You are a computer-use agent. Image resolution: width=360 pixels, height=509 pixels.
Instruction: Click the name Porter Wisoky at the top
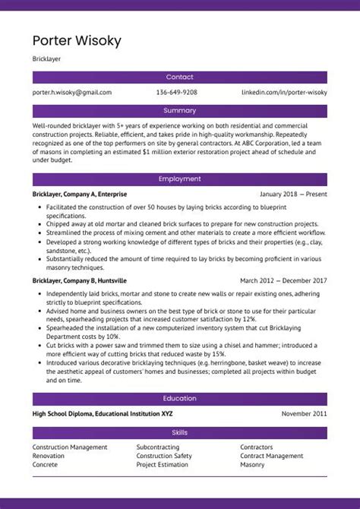(x=77, y=40)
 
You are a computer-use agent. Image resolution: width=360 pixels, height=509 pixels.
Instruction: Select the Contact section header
(x=179, y=77)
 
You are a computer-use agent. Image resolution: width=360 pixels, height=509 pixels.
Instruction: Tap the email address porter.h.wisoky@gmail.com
(x=72, y=93)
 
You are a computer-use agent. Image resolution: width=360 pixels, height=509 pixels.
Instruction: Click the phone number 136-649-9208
(x=177, y=93)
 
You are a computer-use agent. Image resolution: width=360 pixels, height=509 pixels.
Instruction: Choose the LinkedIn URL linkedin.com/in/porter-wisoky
(x=284, y=93)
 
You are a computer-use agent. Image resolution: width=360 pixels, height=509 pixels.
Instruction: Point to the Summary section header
(x=179, y=111)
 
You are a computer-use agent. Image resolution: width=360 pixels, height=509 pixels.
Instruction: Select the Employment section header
(x=179, y=179)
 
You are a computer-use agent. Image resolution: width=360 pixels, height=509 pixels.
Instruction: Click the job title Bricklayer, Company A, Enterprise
(x=80, y=194)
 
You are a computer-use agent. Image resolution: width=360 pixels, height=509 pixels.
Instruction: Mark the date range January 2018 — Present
(x=293, y=194)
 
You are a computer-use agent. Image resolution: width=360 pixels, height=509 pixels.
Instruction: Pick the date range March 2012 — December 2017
(x=283, y=280)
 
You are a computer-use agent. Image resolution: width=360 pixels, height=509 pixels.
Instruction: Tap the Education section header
(x=179, y=399)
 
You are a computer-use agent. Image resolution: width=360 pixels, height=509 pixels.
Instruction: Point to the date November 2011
(x=304, y=414)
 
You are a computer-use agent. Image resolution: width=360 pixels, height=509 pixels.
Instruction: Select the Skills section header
(x=179, y=433)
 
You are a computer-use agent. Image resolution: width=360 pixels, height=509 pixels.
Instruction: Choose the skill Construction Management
(x=70, y=447)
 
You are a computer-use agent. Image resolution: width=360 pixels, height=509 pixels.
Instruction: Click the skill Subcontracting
(x=158, y=447)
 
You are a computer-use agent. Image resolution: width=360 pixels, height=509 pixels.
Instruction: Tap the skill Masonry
(x=252, y=464)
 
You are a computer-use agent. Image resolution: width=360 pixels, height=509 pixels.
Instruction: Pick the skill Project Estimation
(x=162, y=464)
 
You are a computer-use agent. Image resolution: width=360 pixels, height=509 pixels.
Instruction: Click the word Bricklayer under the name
(x=47, y=58)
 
